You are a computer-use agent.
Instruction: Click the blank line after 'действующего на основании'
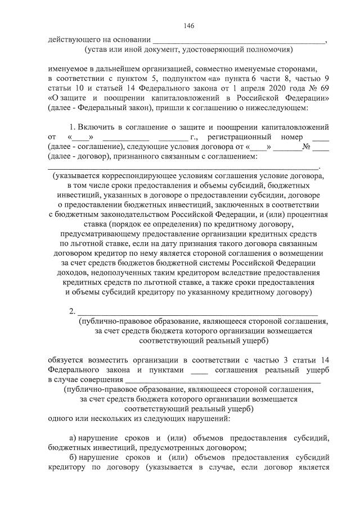(239, 40)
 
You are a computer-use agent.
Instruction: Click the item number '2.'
(72, 312)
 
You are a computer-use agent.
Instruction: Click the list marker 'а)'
(73, 438)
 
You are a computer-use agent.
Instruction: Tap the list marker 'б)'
(73, 457)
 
